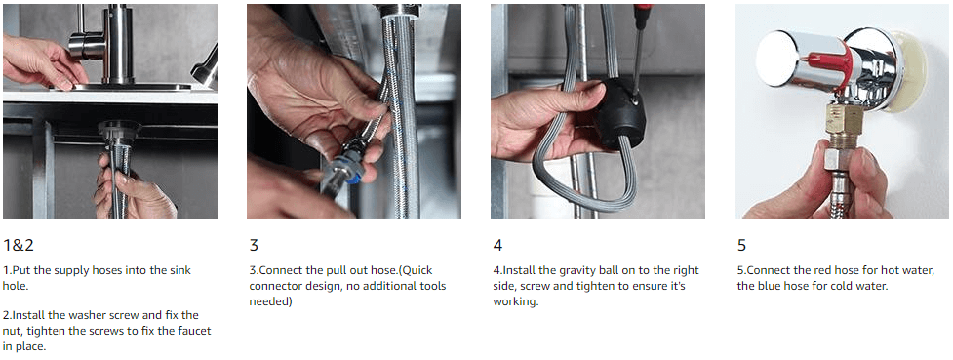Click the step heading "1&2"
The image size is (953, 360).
19,246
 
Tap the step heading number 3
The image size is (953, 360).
254,246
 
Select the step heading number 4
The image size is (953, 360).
497,246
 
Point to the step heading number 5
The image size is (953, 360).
741,246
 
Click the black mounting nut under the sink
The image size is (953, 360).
119,130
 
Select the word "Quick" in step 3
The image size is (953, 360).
416,270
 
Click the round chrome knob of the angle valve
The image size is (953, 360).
783,59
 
